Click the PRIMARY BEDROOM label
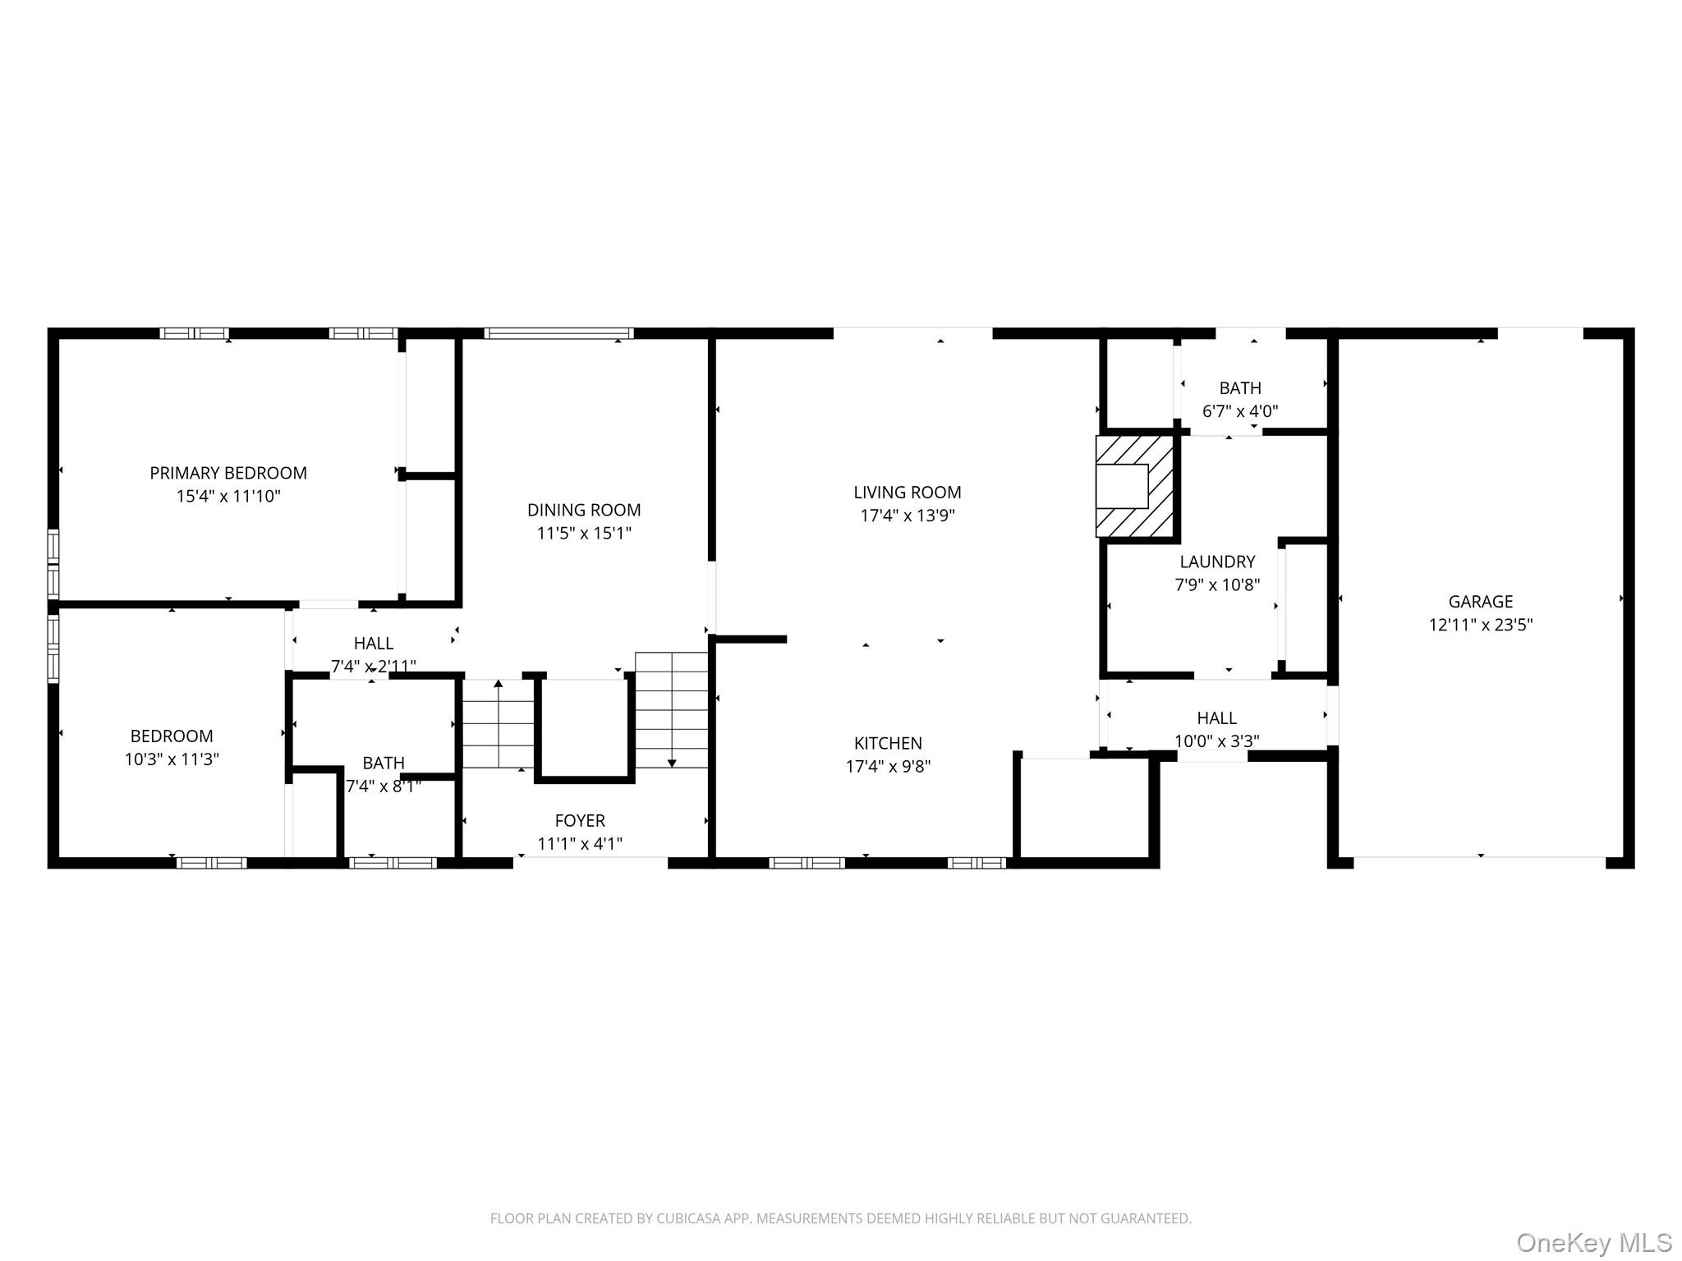(x=227, y=473)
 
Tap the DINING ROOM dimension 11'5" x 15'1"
(x=584, y=534)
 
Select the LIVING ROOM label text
(x=907, y=493)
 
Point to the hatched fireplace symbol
(x=1135, y=486)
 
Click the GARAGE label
(x=1480, y=602)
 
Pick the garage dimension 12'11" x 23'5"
(x=1480, y=625)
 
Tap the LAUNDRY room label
(x=1217, y=562)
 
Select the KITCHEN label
(x=888, y=744)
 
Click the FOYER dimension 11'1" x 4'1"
(x=580, y=844)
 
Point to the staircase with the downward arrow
(x=671, y=710)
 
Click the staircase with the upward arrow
(x=498, y=722)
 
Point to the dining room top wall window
(x=558, y=333)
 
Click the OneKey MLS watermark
(x=1593, y=1242)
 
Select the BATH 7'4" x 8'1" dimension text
(x=384, y=786)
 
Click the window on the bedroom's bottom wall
(x=211, y=863)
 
